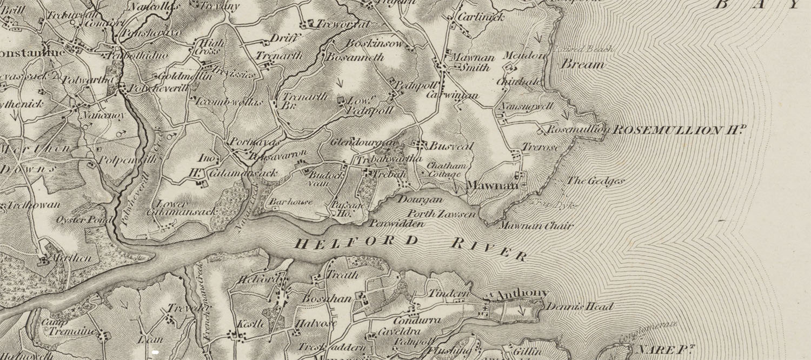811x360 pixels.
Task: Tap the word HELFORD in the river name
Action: [357, 242]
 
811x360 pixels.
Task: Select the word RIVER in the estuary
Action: [489, 249]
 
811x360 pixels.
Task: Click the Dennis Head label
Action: [580, 306]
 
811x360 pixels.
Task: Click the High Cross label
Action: [205, 46]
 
